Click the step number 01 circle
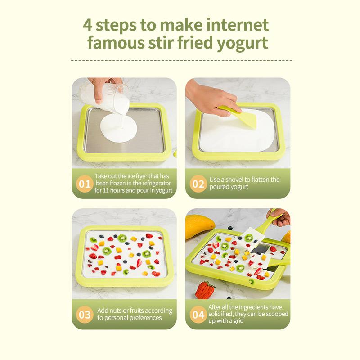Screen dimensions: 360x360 pyautogui.click(x=85, y=184)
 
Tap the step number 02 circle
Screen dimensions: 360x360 pyautogui.click(x=198, y=184)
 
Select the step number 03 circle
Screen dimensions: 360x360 pyautogui.click(x=85, y=315)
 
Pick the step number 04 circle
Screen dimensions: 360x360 pyautogui.click(x=198, y=315)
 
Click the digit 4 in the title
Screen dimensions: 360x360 pyautogui.click(x=87, y=25)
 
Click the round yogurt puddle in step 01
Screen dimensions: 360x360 pyautogui.click(x=119, y=128)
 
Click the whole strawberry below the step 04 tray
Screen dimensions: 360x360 pyautogui.click(x=205, y=290)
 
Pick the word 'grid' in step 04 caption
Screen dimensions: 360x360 pyautogui.click(x=238, y=320)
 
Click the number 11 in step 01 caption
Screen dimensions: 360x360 pyautogui.click(x=106, y=190)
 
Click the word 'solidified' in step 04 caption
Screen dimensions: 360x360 pyautogui.click(x=220, y=314)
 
